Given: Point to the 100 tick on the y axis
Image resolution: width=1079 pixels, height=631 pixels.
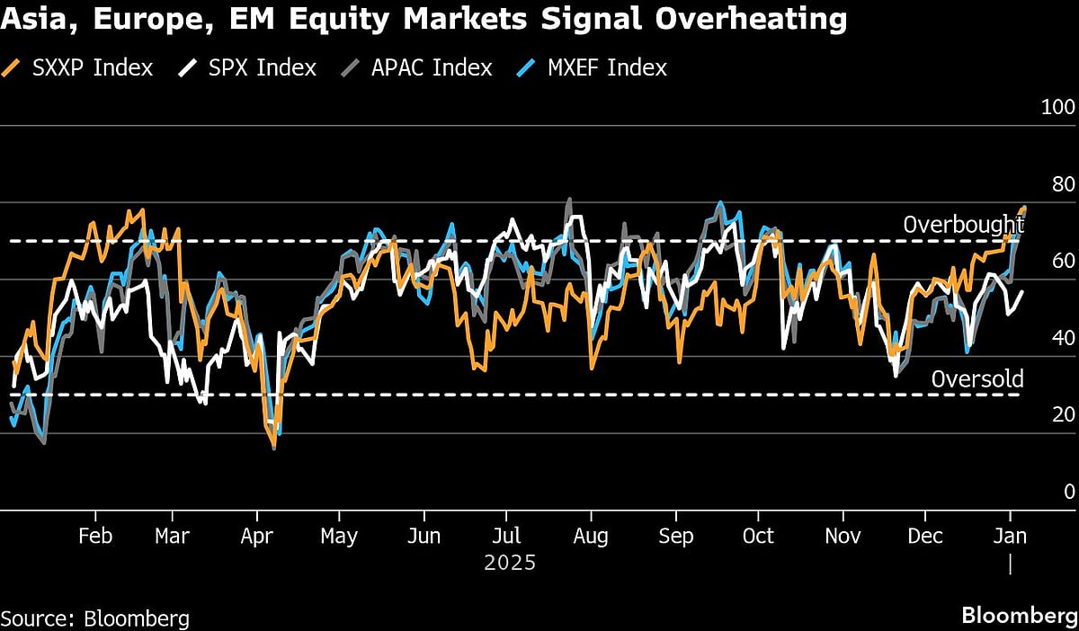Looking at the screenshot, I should click(1057, 107).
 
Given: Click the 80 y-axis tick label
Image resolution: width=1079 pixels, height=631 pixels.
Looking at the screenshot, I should click(1062, 184).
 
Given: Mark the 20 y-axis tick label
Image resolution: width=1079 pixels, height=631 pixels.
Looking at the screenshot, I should click(1062, 414).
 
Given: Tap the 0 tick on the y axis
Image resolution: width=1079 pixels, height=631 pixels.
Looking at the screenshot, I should click(1069, 491).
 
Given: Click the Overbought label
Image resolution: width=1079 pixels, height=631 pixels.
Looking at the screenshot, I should click(963, 225).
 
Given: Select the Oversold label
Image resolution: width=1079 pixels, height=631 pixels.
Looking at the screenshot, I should click(976, 378).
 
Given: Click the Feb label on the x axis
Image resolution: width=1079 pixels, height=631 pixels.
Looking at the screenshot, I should click(95, 536).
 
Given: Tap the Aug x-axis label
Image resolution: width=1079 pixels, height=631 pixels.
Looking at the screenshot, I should click(591, 536).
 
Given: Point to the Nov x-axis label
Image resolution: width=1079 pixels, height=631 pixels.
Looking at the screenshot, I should click(843, 536).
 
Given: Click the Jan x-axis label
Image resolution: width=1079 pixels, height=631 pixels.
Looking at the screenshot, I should click(1011, 536).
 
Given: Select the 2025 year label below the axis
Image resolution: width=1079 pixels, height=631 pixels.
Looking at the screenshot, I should click(510, 564).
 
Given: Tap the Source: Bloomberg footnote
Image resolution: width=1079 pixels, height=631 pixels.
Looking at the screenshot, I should click(95, 618).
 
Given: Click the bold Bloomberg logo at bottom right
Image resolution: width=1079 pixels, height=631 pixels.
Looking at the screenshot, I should click(1019, 616).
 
